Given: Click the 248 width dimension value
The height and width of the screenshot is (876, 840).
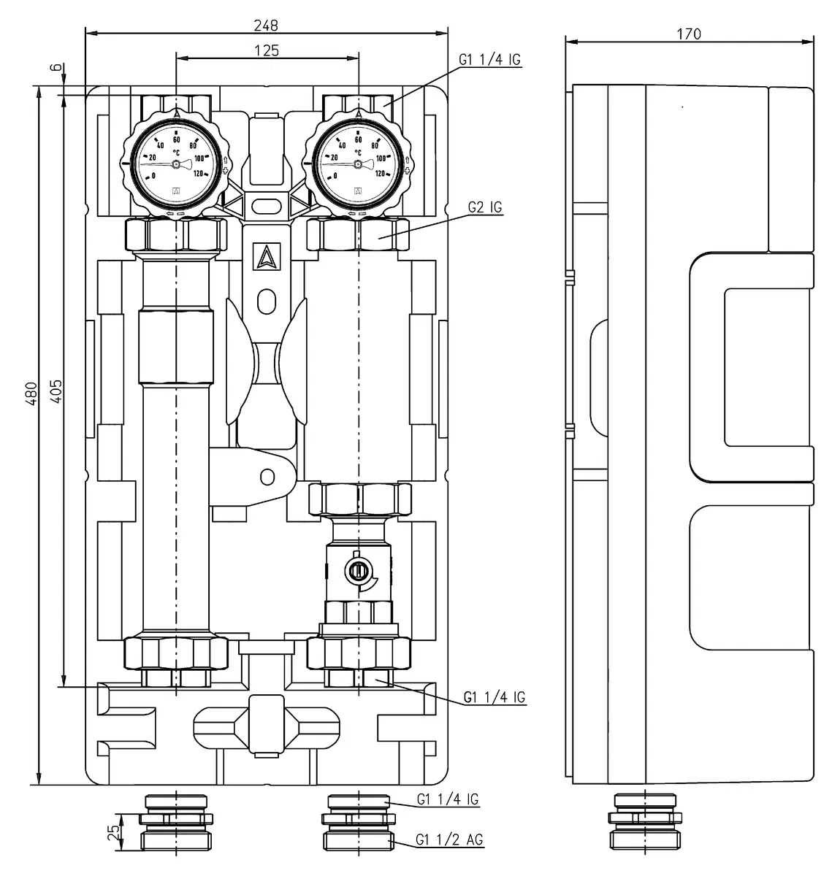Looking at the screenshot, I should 267,25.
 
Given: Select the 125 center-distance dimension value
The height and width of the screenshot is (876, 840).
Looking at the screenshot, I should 267,50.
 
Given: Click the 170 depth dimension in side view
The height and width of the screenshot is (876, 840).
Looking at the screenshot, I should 688,34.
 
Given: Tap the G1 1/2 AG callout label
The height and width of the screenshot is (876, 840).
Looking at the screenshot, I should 449,840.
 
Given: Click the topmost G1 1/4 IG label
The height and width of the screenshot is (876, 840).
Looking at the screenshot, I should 491,60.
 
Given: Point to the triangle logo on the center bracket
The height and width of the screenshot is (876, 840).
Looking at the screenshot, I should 267,255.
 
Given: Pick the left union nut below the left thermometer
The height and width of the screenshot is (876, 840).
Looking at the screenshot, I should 176,234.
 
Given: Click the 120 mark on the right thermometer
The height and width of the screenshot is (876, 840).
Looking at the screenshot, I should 380,174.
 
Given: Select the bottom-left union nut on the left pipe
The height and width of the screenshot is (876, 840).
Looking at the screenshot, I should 176,653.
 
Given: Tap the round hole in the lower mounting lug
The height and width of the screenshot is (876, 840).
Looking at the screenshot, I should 268,477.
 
